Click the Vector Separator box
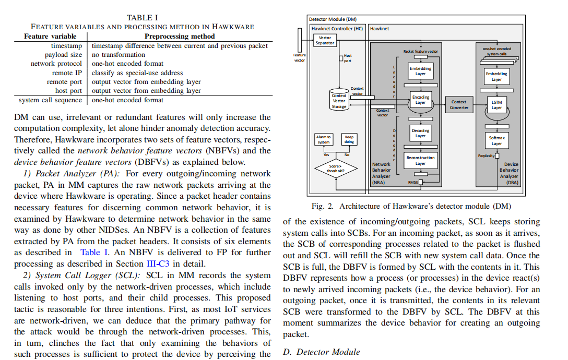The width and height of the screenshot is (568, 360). coord(325,41)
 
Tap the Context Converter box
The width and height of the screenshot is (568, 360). coord(458,104)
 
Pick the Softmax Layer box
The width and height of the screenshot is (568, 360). coord(496,141)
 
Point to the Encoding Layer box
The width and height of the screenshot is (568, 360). coord(420,100)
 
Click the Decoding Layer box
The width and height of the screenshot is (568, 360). coord(420,133)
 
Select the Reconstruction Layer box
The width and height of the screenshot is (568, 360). coord(420,160)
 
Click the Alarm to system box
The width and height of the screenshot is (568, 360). coord(324,139)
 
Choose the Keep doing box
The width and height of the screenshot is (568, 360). coord(349,139)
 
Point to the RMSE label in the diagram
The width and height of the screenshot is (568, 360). coord(413,183)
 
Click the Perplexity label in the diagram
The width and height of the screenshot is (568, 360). coord(486,155)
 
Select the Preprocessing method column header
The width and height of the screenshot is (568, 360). coord(179,37)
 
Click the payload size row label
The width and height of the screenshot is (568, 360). coord(63,55)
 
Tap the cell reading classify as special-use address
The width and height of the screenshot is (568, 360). coord(137,73)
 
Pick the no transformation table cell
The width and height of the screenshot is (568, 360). coord(119,55)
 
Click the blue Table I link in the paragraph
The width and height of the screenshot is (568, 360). coord(94,253)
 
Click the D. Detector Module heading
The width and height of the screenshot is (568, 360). coord(322,352)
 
